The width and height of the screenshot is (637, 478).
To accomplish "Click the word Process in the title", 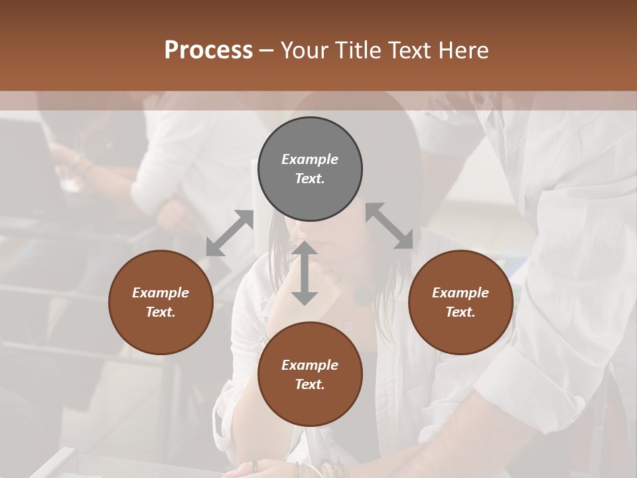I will (x=208, y=50).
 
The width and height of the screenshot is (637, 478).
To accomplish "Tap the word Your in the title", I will (x=305, y=50).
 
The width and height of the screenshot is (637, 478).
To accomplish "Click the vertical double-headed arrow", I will (x=305, y=273).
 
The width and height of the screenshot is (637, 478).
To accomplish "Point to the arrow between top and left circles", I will (x=230, y=233).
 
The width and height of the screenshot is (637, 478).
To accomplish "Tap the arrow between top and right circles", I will (x=389, y=226).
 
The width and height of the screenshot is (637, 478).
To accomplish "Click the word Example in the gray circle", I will (x=310, y=159).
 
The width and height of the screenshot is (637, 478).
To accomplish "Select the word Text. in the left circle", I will (x=161, y=312).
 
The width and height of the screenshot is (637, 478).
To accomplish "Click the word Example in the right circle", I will (x=460, y=293).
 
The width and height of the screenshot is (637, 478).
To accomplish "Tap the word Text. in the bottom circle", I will (x=310, y=384).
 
